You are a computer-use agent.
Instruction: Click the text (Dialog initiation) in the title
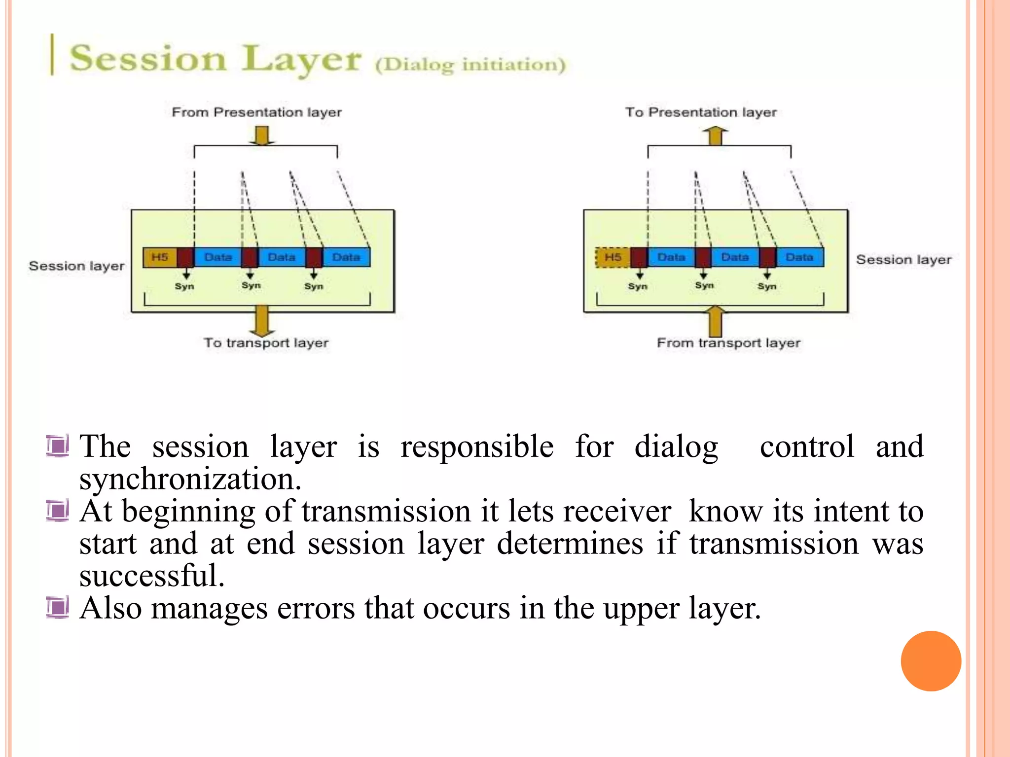point(470,65)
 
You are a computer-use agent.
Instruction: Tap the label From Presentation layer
point(256,112)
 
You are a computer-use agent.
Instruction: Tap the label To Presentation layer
point(701,112)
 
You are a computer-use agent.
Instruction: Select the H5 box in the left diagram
point(160,257)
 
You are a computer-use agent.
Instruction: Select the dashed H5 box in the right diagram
point(613,257)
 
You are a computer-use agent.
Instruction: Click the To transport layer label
point(266,343)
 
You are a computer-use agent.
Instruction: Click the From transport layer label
point(728,343)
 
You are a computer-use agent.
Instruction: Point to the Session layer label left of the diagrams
point(76,266)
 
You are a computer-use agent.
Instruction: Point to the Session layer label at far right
point(903,260)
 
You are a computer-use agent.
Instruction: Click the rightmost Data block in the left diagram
point(346,257)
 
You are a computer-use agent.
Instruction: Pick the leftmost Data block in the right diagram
point(671,257)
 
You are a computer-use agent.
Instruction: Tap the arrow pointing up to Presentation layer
point(715,136)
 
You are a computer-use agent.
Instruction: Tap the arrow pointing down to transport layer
point(262,320)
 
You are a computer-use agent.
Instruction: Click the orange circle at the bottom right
point(931,661)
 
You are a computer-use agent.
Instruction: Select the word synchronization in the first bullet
point(190,479)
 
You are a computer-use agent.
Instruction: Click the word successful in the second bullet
point(152,576)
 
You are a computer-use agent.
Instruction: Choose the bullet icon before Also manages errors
point(58,607)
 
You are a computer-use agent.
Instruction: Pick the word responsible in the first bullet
point(477,447)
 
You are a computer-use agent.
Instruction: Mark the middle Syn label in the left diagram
point(251,285)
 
